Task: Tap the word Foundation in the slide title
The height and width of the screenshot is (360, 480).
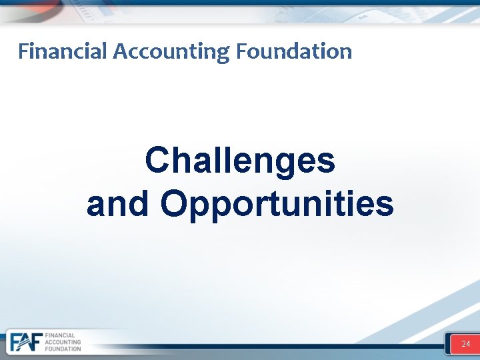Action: pos(293,51)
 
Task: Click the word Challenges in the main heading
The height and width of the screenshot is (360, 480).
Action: pos(240,161)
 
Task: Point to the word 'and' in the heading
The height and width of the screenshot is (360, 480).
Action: pos(117,204)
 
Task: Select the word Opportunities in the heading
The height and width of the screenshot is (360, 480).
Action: pos(277,204)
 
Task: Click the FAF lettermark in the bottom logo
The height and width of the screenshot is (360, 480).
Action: pos(25,342)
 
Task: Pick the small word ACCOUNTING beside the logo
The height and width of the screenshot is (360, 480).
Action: pos(63,342)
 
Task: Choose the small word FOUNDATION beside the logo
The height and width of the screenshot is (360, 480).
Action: pos(63,349)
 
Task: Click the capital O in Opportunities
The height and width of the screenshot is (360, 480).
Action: pos(173,203)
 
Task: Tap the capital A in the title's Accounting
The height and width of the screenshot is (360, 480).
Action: pos(120,51)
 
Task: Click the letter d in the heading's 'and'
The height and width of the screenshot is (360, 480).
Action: pos(139,203)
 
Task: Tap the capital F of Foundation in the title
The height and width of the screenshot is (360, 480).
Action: pos(241,51)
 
